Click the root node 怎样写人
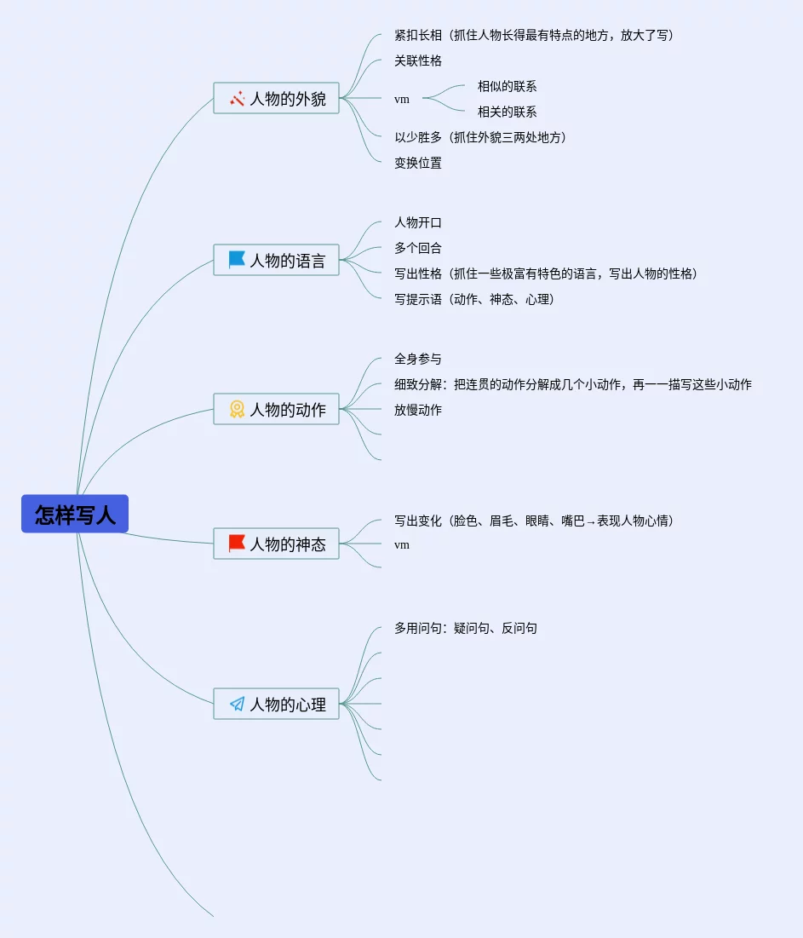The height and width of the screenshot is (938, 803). pos(75,514)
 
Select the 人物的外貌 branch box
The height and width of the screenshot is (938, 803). pos(276,98)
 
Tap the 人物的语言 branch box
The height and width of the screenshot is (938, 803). pos(276,260)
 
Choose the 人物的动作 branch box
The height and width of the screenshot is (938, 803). pos(276,409)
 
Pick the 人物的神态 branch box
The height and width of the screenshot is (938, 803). pos(276,544)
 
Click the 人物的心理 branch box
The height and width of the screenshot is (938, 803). pos(276,704)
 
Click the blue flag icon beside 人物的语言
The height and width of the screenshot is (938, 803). pos(237,260)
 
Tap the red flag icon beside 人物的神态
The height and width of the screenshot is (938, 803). pos(237,544)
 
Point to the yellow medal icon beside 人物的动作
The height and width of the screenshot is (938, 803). pos(237,409)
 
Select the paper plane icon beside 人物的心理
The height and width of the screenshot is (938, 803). pos(237,704)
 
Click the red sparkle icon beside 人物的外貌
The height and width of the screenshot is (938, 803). pos(237,98)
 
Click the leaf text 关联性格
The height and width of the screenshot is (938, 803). pos(418,60)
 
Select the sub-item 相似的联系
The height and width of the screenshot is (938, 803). pos(507,86)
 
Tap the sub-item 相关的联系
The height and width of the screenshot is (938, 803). pos(507,112)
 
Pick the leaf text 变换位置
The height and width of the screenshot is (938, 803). pos(418,163)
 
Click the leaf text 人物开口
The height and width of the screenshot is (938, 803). pos(418,222)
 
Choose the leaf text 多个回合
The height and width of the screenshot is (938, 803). pos(418,248)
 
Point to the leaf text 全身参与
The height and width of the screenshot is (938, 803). pos(418,359)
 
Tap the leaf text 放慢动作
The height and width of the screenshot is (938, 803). pos(418,410)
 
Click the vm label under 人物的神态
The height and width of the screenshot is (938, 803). pos(402,544)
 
